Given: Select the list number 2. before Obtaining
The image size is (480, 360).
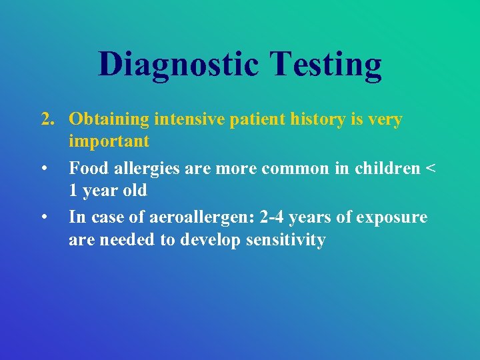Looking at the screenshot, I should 47,119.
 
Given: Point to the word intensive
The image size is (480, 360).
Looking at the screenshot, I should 194,119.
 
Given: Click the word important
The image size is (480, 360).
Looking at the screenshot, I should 109,141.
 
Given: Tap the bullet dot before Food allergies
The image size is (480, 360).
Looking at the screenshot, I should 44,169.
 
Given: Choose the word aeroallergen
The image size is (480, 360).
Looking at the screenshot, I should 203,218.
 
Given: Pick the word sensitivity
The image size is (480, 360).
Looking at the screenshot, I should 289,240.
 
